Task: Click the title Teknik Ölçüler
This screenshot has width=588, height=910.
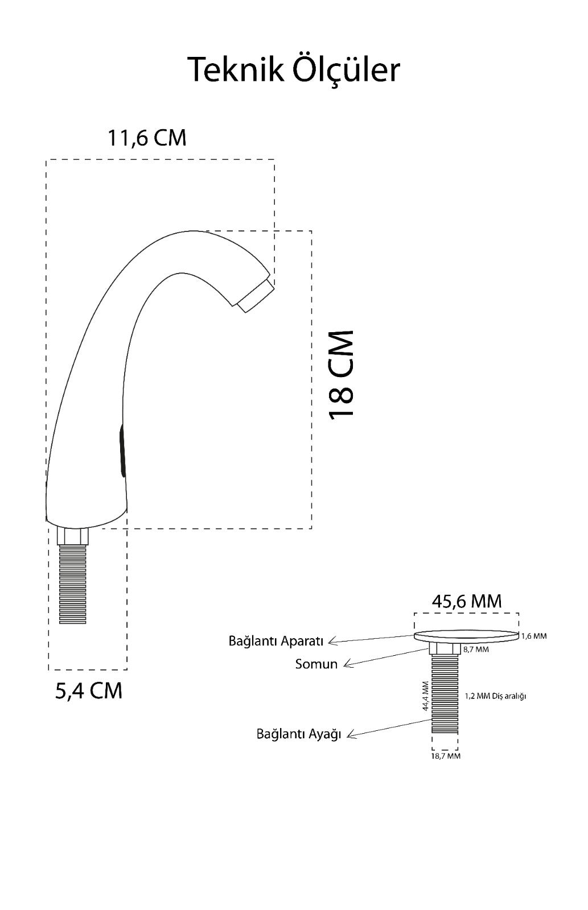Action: click(294, 69)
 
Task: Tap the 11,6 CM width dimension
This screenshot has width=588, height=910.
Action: click(147, 138)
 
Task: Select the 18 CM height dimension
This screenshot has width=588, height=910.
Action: click(342, 374)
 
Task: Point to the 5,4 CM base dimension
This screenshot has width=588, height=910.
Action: click(88, 690)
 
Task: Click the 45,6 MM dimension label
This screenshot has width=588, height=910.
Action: click(467, 601)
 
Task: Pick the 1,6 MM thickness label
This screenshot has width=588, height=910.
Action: click(534, 636)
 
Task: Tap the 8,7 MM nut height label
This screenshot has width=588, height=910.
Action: click(475, 649)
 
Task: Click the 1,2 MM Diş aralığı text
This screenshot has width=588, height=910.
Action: click(495, 696)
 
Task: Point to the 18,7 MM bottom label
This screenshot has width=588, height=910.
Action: click(446, 756)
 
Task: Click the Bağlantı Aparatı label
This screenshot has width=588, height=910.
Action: click(276, 641)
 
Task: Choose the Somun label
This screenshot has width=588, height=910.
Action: click(316, 664)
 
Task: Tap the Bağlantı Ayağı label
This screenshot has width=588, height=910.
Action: click(299, 734)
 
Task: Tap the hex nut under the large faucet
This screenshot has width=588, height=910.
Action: click(74, 536)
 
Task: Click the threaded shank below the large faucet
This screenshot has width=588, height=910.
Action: click(73, 584)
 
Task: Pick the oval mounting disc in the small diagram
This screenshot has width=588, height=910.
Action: click(467, 636)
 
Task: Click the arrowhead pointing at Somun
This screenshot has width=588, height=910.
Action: click(348, 664)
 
